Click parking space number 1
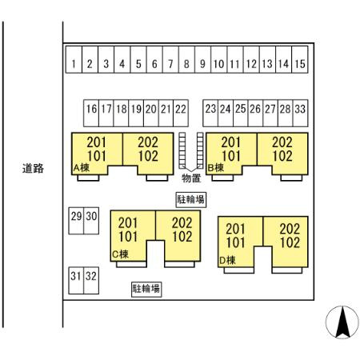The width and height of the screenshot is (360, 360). coord(74,60)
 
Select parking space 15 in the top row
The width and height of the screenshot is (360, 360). coord(300,60)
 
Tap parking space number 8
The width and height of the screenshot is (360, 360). coord(186,60)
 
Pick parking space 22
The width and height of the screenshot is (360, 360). coord(181,113)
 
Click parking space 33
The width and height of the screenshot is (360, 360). coord(301,113)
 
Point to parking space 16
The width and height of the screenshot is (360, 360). coord(91,113)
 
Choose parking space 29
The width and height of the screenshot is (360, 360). coord(76,221)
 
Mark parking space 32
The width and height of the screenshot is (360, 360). coord(91,281)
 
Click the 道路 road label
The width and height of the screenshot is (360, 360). coord(33,169)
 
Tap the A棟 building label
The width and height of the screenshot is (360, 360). coord(82,168)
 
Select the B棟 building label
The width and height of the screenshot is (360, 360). coord(216,168)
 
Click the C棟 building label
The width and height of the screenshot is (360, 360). coord(120,254)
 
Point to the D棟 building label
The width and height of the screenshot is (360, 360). coord(227,260)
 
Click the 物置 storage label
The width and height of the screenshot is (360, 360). coord(191,178)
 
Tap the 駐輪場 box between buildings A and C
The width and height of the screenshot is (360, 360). coord(191,199)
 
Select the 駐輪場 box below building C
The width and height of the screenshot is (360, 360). coord(146,289)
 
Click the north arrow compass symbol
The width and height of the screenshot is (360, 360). coord(342,322)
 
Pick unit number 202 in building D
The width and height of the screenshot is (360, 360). coord(290,229)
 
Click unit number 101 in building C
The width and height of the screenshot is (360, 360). coord(128,237)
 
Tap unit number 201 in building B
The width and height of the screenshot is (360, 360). coord(231,142)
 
